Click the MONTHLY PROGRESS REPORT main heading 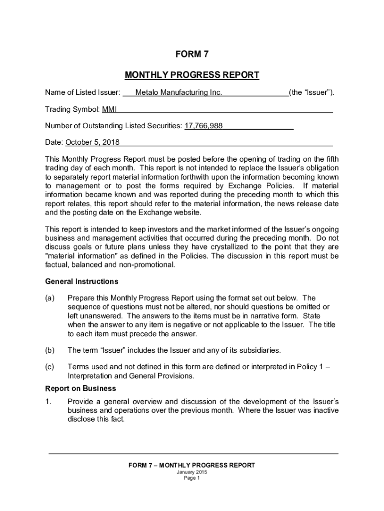pyautogui.click(x=192, y=75)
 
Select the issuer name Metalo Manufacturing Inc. pyautogui.click(x=179, y=92)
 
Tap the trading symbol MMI pyautogui.click(x=109, y=109)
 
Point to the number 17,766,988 pyautogui.click(x=203, y=126)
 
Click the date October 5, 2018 pyautogui.click(x=93, y=142)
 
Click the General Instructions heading pyautogui.click(x=82, y=281)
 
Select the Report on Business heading pyautogui.click(x=80, y=388)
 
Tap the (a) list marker pyautogui.click(x=49, y=298)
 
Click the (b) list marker pyautogui.click(x=49, y=350)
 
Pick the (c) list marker pyautogui.click(x=49, y=367)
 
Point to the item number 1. pyautogui.click(x=48, y=402)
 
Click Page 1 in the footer pyautogui.click(x=192, y=478)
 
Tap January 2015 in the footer pyautogui.click(x=192, y=472)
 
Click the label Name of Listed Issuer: pyautogui.click(x=83, y=92)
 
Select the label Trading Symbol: pyautogui.click(x=72, y=109)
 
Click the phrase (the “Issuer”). pyautogui.click(x=312, y=92)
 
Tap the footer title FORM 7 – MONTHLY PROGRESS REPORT pyautogui.click(x=192, y=465)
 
